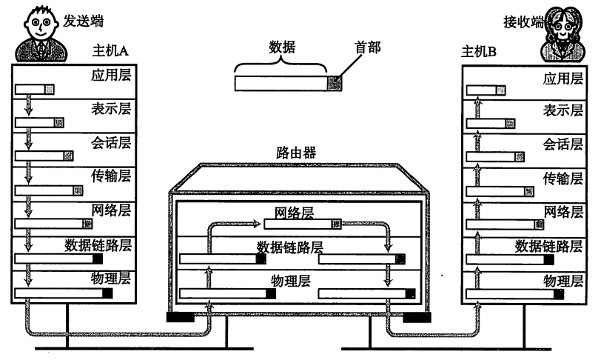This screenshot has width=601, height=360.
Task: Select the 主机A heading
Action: [110, 52]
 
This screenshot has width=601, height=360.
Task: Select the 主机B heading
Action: [479, 52]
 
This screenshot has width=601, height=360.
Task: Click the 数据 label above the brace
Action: [282, 49]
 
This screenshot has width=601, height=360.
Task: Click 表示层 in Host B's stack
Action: [559, 110]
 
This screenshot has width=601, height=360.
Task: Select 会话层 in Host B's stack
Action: [559, 144]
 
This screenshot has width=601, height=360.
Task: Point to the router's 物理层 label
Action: [291, 281]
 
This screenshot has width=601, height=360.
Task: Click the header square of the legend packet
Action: [336, 82]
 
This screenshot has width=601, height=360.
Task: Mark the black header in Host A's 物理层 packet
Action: [107, 294]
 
